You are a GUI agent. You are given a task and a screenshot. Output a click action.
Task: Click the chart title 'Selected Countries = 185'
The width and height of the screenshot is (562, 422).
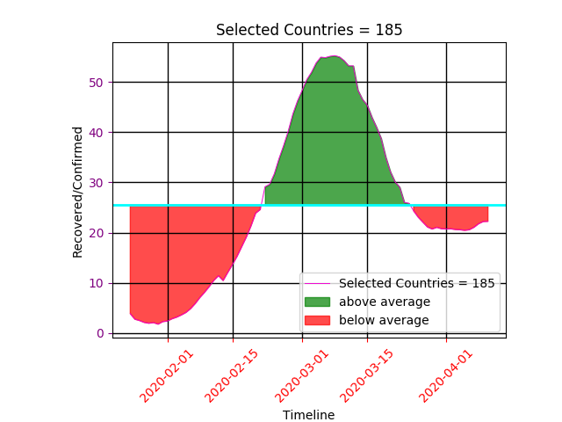[x=309, y=30]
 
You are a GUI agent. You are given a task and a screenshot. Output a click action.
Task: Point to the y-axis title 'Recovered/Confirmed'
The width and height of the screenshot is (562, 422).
[x=78, y=192]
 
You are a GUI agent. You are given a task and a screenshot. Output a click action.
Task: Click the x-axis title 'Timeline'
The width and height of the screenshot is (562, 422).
[x=308, y=415]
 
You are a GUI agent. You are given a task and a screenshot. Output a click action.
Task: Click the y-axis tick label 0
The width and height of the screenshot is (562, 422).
[x=101, y=333]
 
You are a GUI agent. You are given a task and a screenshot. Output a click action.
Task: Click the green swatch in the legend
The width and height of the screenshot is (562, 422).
[x=318, y=302]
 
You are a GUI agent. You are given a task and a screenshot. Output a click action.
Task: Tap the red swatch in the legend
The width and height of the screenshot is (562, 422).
[x=318, y=320]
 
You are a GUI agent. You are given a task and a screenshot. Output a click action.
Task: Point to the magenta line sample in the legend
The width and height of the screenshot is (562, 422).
[x=318, y=283]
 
